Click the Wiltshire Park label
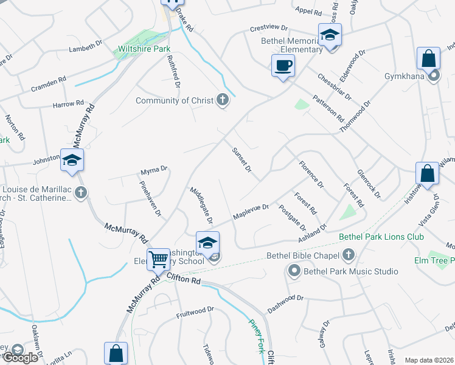[144, 48]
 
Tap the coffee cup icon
[283, 65]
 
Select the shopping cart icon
[158, 259]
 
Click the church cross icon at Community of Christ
[223, 100]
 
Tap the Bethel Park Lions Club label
[381, 237]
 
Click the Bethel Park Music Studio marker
[294, 271]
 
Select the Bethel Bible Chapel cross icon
[349, 255]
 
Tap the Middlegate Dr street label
[201, 204]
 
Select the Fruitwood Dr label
[195, 312]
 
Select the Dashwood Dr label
[285, 303]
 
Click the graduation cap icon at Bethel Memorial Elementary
[330, 35]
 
